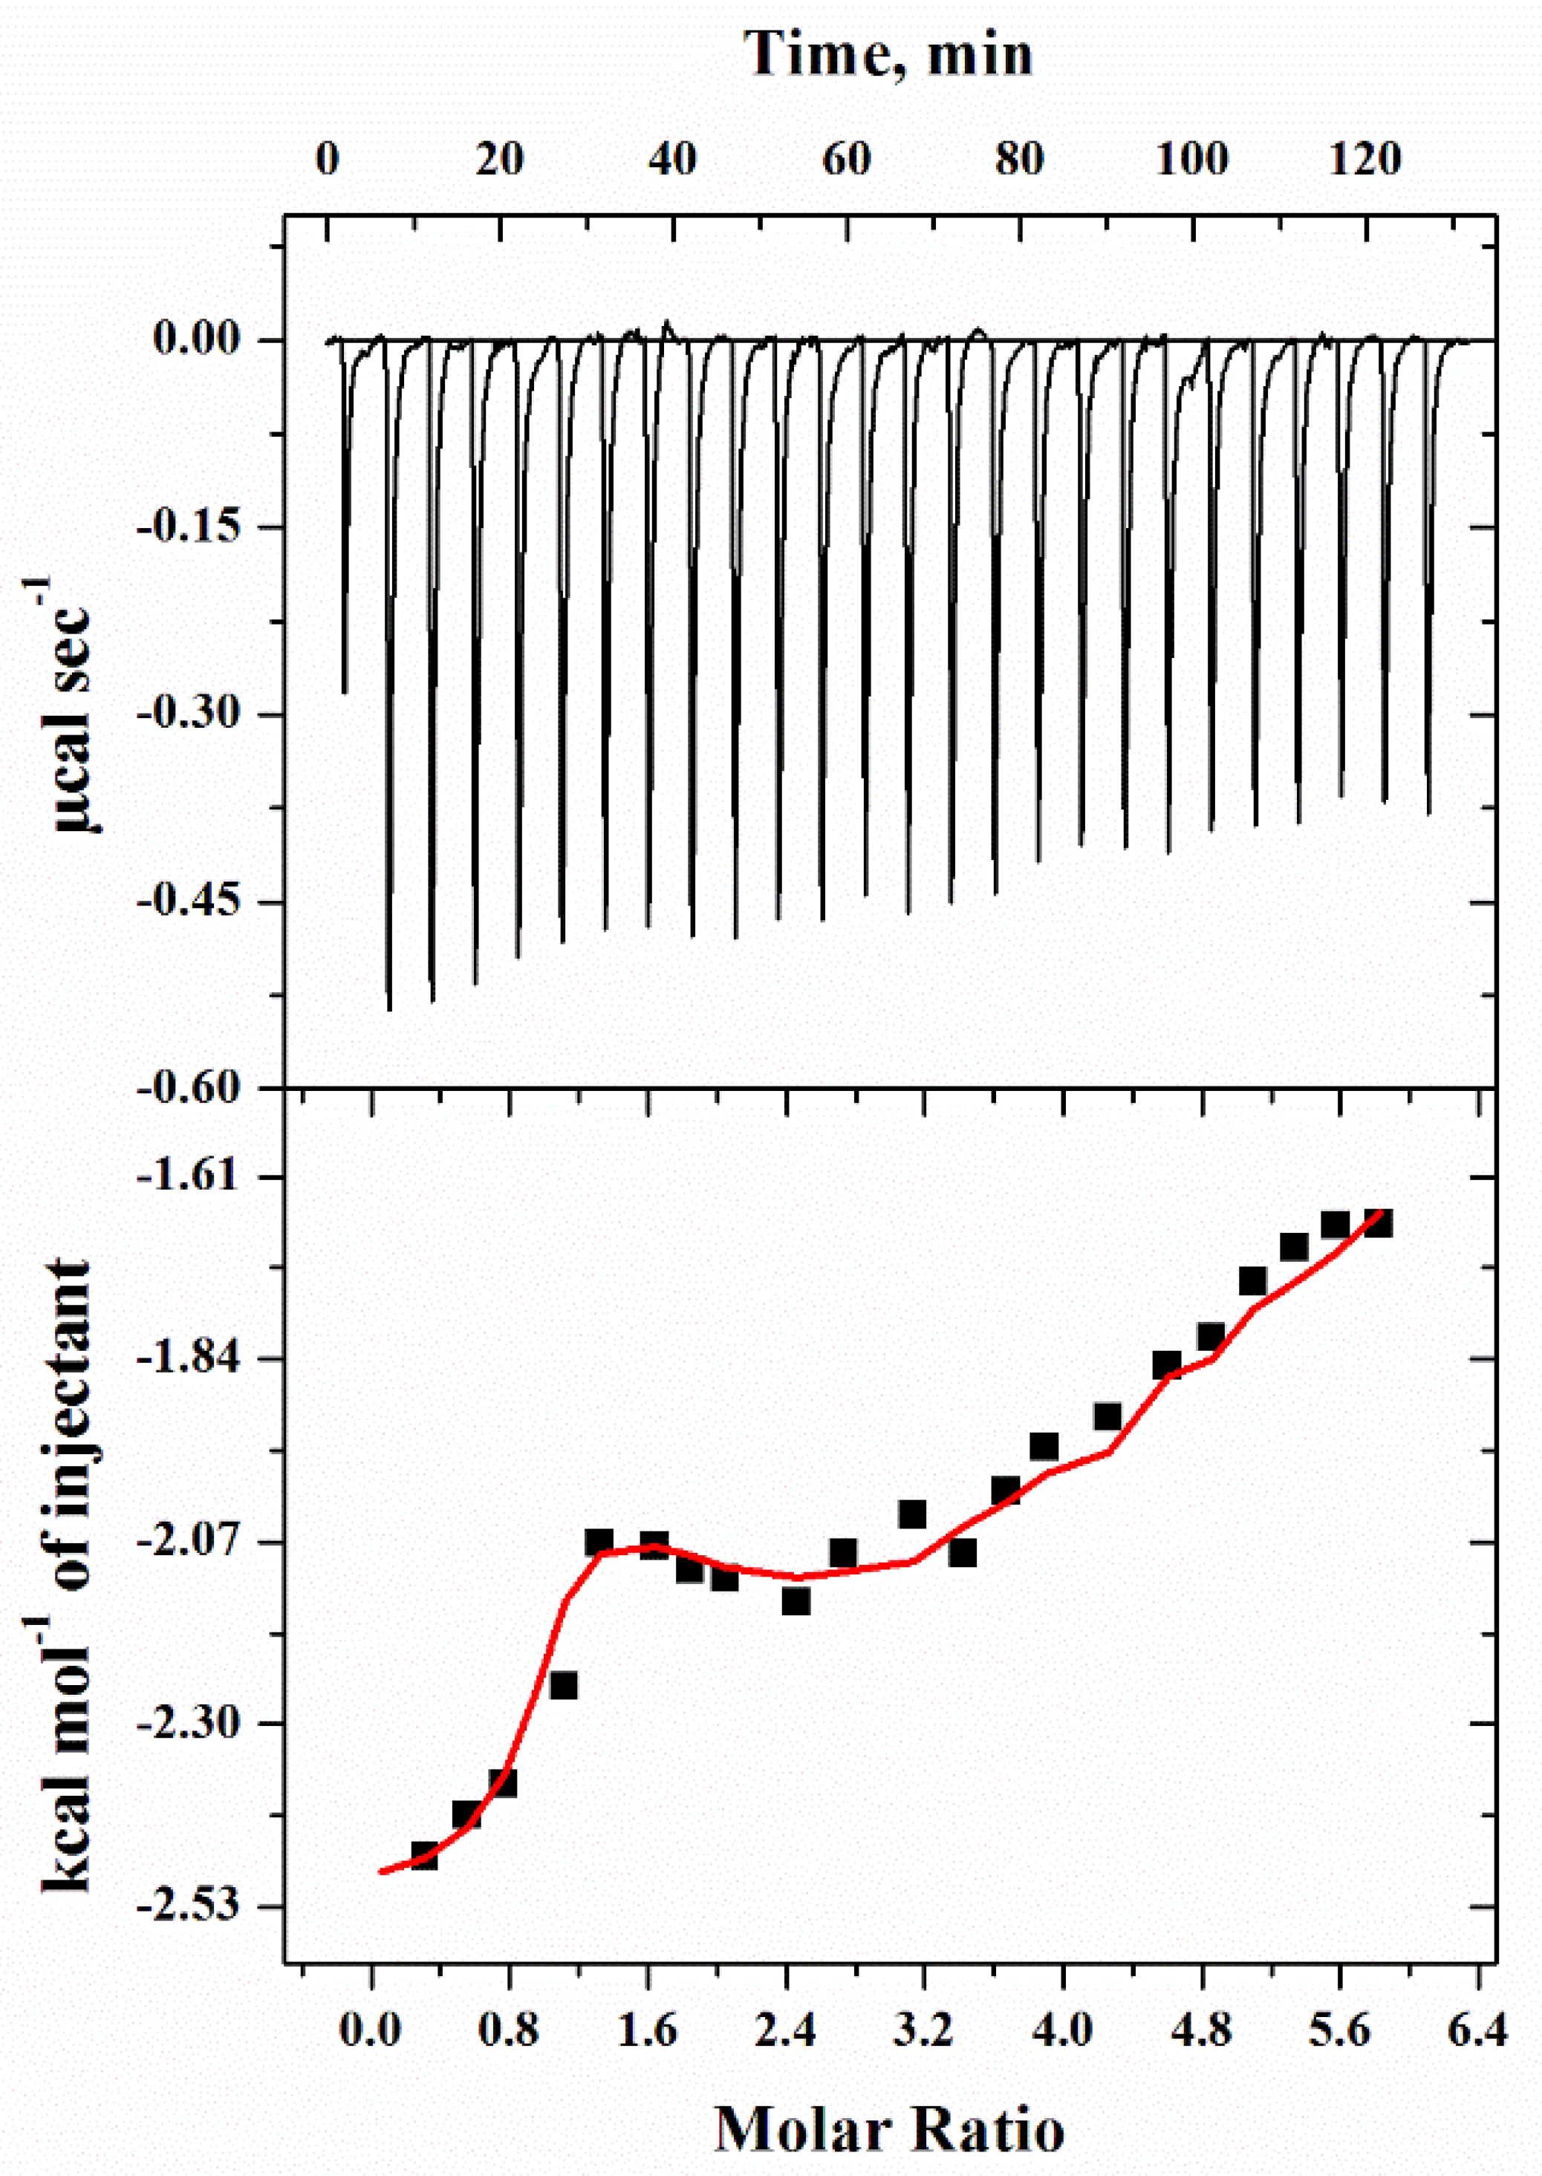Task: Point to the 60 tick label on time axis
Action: click(845, 160)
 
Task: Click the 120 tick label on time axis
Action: click(1364, 160)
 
